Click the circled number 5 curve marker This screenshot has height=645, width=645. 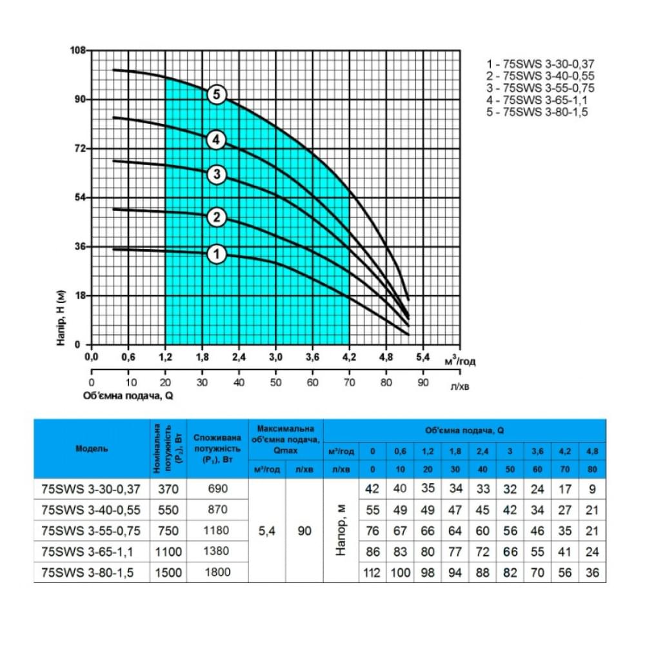[217, 95]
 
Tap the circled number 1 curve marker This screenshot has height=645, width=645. [217, 255]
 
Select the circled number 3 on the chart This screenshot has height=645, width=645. [217, 174]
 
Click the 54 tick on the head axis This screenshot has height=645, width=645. [81, 197]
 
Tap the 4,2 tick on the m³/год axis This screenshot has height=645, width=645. [349, 357]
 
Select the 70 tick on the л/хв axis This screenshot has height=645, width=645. [349, 382]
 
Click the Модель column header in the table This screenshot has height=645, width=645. [92, 448]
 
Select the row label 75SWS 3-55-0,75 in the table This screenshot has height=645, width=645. [92, 531]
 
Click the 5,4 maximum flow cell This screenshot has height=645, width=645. [266, 531]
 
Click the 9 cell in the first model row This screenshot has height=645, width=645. [593, 489]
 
